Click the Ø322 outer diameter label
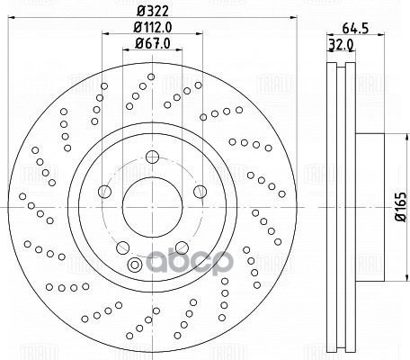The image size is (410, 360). (x=147, y=10)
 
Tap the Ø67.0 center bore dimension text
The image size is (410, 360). (x=147, y=42)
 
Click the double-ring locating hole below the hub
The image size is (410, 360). (x=136, y=265)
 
